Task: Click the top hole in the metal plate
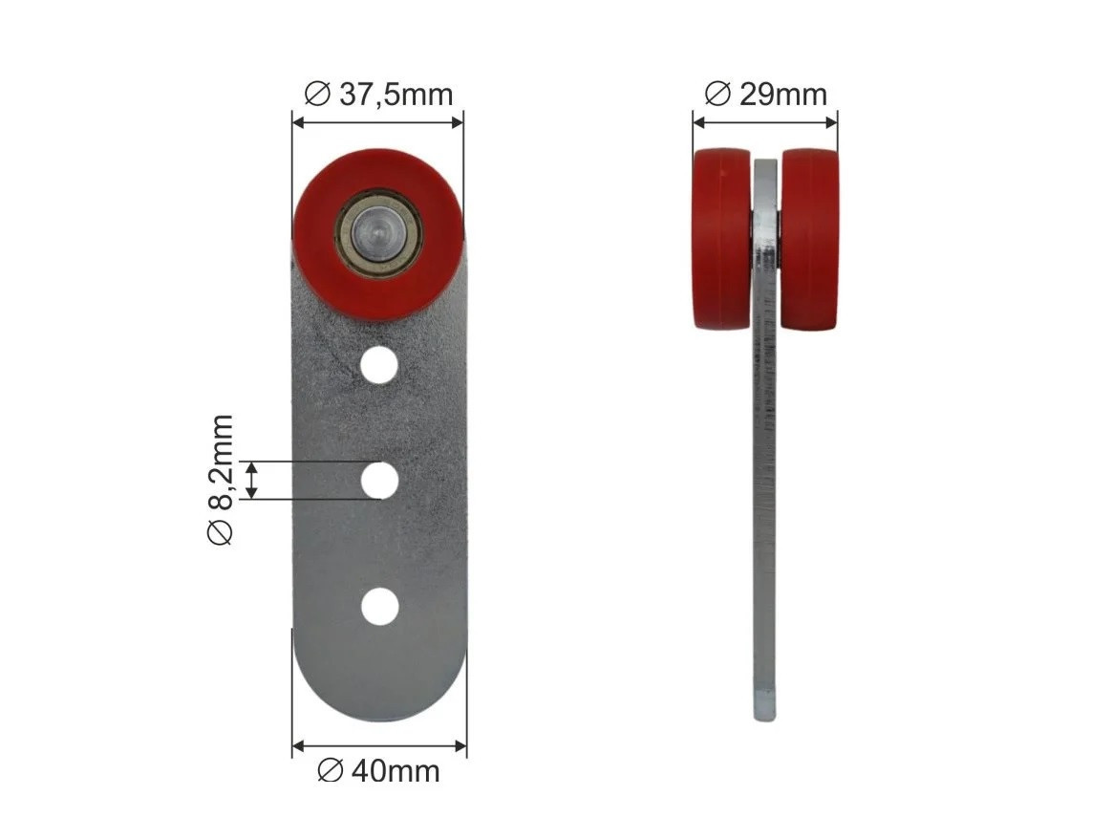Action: [x=379, y=365]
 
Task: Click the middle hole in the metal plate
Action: [x=379, y=480]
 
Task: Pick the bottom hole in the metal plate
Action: [x=380, y=607]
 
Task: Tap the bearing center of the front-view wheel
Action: [x=378, y=231]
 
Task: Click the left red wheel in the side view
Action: [x=721, y=239]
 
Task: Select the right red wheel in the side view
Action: [x=809, y=239]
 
